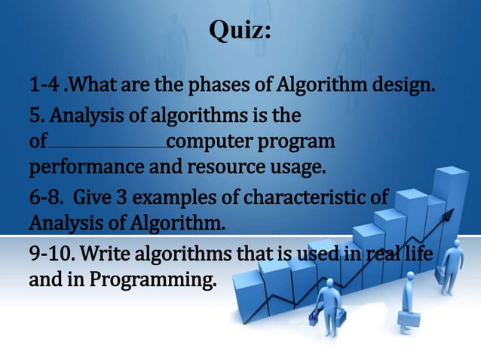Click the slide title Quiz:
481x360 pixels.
[x=240, y=32]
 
